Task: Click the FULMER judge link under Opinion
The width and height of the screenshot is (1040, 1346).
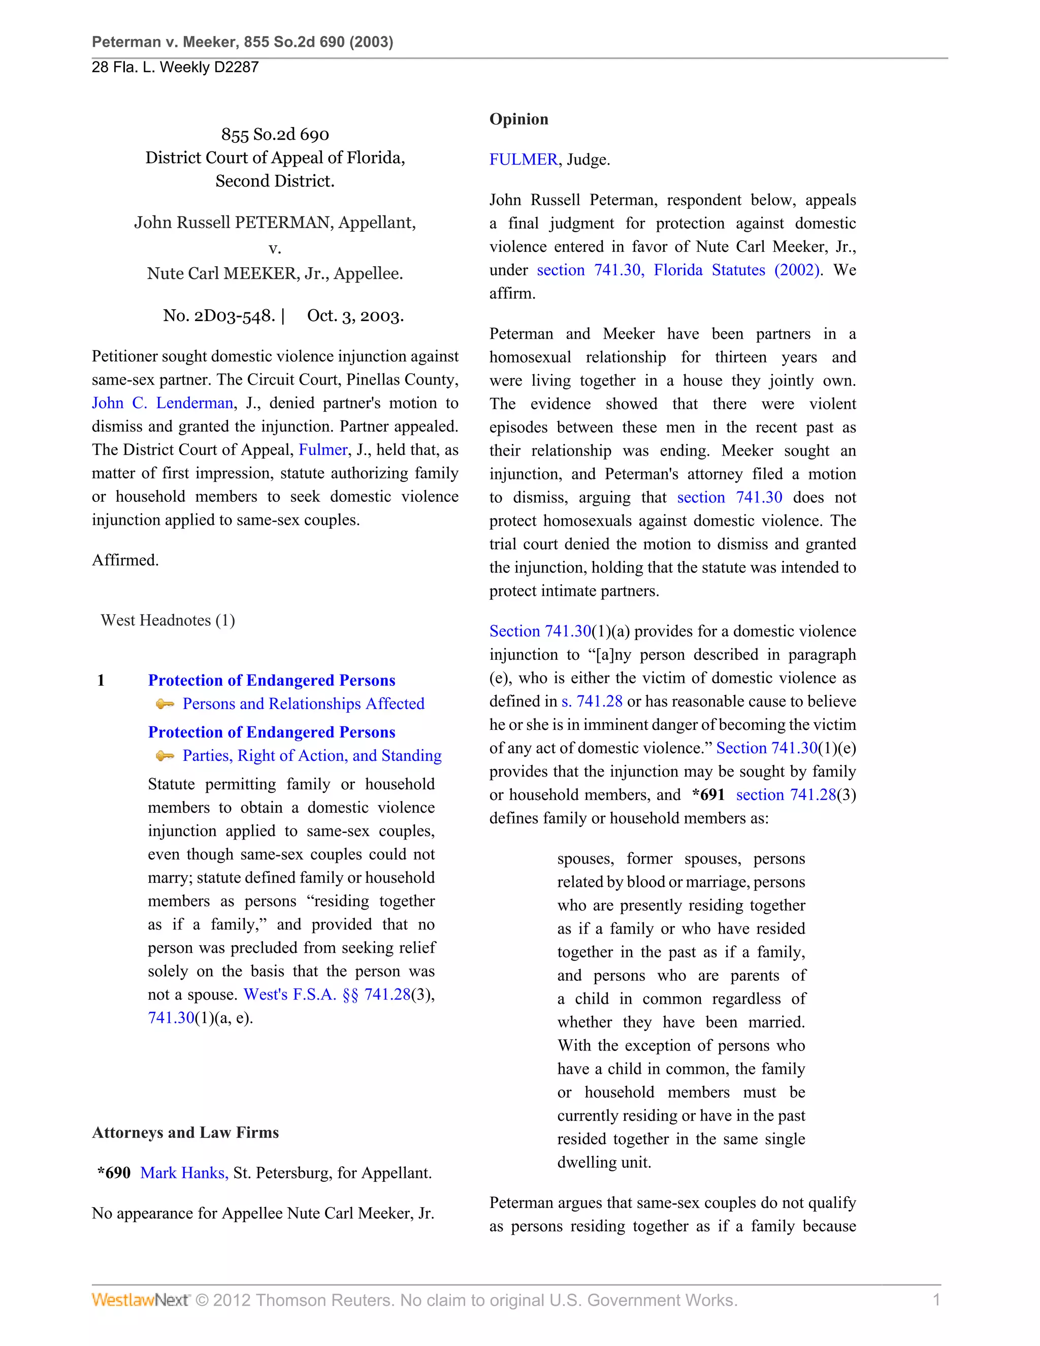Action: pyautogui.click(x=523, y=159)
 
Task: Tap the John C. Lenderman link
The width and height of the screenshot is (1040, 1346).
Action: pyautogui.click(x=162, y=403)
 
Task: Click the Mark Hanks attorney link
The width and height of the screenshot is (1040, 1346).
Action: pyautogui.click(x=184, y=1172)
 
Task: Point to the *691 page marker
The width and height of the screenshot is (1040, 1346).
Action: pyautogui.click(x=708, y=794)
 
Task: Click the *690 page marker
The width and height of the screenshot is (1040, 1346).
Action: pyautogui.click(x=114, y=1172)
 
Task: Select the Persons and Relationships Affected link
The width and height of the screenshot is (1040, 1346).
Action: pyautogui.click(x=303, y=704)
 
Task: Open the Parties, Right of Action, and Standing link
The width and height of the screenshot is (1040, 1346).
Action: pyautogui.click(x=312, y=756)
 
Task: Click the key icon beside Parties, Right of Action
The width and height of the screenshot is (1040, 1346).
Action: pyautogui.click(x=165, y=756)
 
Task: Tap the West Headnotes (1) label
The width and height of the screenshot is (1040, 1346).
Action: pyautogui.click(x=168, y=620)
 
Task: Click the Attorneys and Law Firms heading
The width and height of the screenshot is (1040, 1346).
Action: pyautogui.click(x=185, y=1132)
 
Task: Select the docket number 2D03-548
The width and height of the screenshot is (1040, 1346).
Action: pyautogui.click(x=219, y=315)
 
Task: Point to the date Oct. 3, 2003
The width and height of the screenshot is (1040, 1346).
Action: pyautogui.click(x=355, y=315)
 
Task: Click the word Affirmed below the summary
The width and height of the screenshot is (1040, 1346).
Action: pyautogui.click(x=125, y=560)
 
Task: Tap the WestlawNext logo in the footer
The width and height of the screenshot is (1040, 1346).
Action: pyautogui.click(x=140, y=1300)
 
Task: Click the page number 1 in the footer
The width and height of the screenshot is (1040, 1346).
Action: pyautogui.click(x=936, y=1300)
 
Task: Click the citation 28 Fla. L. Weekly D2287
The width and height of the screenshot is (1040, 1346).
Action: pyautogui.click(x=175, y=67)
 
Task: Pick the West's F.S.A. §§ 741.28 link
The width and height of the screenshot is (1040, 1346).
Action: pyautogui.click(x=327, y=995)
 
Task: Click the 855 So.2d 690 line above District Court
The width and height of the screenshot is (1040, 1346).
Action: pyautogui.click(x=275, y=135)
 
